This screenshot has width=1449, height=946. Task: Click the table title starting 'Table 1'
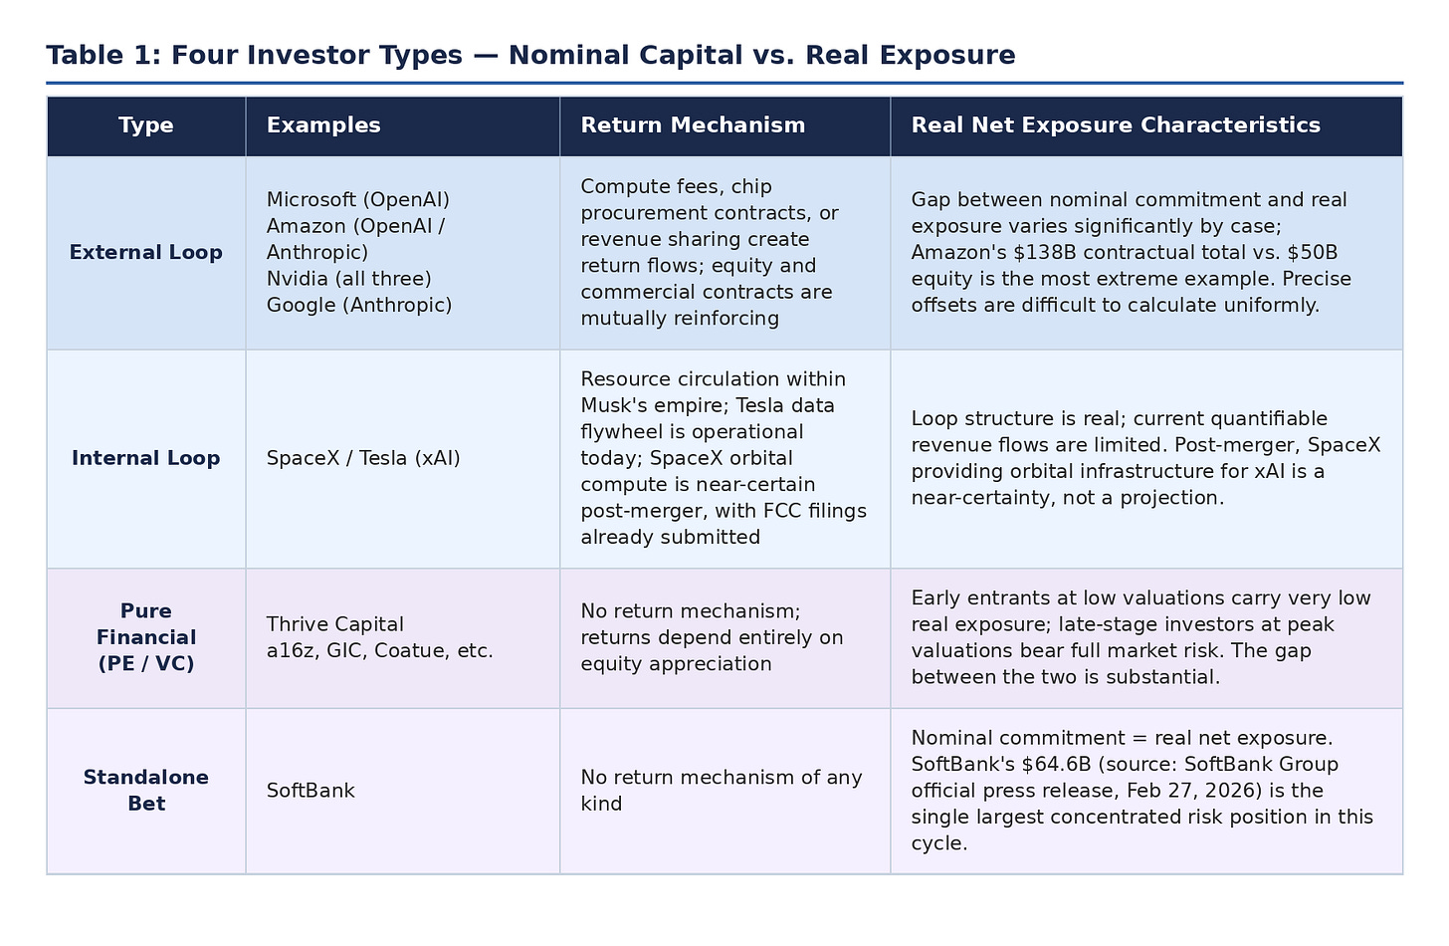click(530, 55)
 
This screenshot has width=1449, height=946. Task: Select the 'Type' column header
click(146, 125)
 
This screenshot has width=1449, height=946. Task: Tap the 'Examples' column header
click(323, 125)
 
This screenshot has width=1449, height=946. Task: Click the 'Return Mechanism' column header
click(693, 125)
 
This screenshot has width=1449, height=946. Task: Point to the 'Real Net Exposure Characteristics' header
click(1116, 125)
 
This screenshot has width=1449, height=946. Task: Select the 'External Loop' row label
click(146, 253)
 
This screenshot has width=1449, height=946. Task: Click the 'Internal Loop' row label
click(146, 458)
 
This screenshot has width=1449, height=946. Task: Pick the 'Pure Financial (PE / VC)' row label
click(146, 637)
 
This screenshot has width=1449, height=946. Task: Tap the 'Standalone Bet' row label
click(146, 791)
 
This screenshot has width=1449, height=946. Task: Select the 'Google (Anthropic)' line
click(359, 306)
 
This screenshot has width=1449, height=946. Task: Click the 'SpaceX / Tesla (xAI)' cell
click(363, 459)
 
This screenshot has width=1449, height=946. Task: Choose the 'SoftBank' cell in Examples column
click(310, 791)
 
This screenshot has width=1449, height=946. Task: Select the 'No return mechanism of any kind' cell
click(722, 791)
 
